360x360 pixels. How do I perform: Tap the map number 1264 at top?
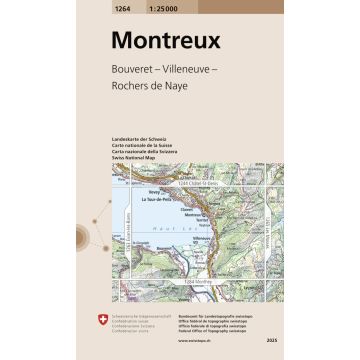122,6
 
